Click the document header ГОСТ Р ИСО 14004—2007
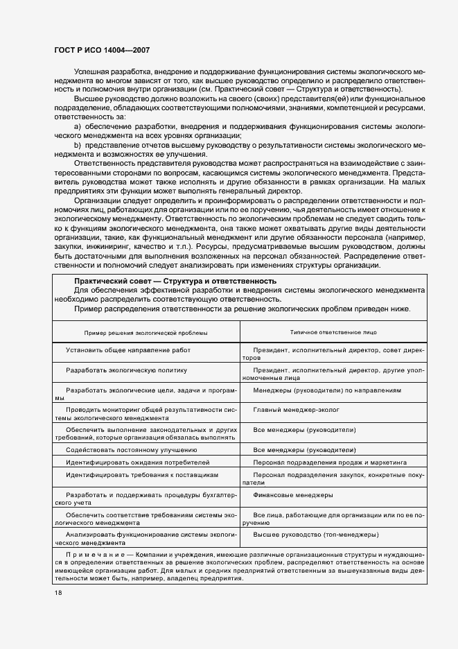pyautogui.click(x=101, y=51)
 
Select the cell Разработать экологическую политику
pyautogui.click(x=127, y=370)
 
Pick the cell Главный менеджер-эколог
pyautogui.click(x=296, y=410)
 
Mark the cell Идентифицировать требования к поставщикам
pyautogui.click(x=142, y=475)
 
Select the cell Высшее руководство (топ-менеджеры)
pyautogui.click(x=315, y=535)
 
